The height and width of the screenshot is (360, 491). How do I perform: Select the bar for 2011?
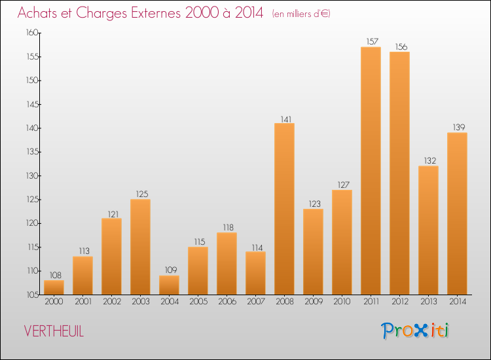click(x=371, y=171)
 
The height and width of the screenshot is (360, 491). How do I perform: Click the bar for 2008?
click(x=284, y=209)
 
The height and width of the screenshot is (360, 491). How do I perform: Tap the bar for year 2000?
click(x=54, y=287)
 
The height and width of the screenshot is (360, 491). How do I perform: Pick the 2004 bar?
click(x=169, y=285)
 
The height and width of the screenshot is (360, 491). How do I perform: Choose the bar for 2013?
click(x=428, y=230)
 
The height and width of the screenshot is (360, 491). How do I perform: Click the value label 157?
click(x=373, y=41)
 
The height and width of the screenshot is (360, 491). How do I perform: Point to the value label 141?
click(x=286, y=119)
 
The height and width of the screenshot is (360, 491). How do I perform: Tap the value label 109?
click(x=171, y=270)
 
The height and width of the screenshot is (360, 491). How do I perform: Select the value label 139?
click(x=459, y=127)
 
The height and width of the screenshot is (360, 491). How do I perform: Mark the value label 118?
click(x=228, y=227)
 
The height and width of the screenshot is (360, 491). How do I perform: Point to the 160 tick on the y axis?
click(x=32, y=33)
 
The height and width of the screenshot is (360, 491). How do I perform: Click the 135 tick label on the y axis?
click(x=32, y=152)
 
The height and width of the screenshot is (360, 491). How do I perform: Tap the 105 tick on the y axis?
click(x=32, y=295)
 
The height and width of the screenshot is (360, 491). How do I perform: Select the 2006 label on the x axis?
click(x=227, y=302)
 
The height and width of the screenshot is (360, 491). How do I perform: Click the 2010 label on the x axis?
click(x=342, y=302)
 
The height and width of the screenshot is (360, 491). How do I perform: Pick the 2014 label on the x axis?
click(x=458, y=302)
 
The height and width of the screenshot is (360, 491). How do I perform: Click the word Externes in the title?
click(x=156, y=13)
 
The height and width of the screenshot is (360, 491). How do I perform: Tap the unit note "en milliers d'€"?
click(x=301, y=14)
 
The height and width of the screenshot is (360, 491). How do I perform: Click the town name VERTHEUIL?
click(x=54, y=331)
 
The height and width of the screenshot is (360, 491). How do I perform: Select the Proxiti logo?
click(x=415, y=331)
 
